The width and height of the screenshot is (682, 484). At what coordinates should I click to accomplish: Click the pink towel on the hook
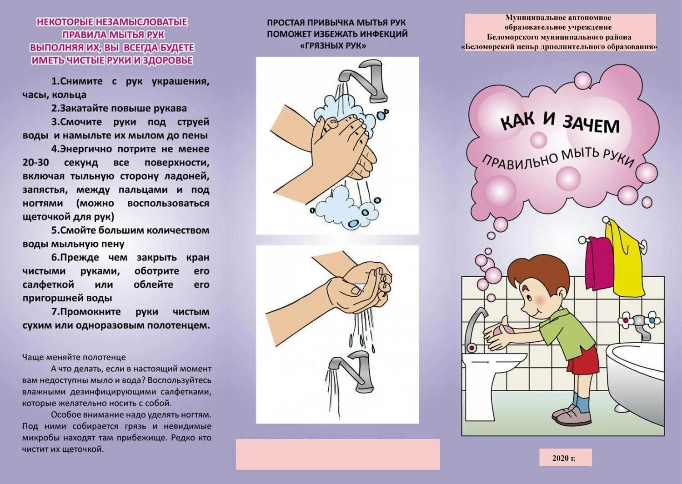coord(599,264)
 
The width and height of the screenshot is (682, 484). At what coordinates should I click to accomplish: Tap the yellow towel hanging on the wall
coord(627,259)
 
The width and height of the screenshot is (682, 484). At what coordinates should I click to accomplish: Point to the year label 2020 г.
coord(564,458)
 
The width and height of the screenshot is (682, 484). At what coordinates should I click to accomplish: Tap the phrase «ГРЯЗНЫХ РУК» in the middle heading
coord(333,45)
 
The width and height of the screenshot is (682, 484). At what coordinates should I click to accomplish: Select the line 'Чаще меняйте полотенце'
coord(74,357)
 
